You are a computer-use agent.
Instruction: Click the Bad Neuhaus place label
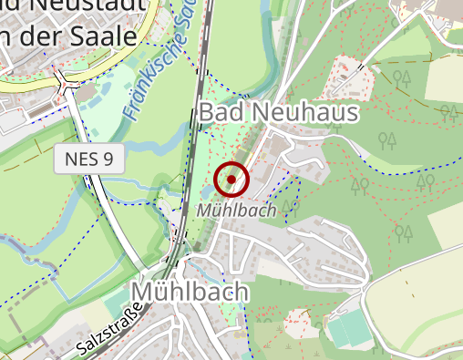279,113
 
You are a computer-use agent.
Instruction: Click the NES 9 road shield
89,160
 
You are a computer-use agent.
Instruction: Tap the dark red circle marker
231,180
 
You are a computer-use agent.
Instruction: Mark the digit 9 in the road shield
108,160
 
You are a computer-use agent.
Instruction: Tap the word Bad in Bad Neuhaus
220,113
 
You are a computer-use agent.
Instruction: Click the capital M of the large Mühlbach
144,292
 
